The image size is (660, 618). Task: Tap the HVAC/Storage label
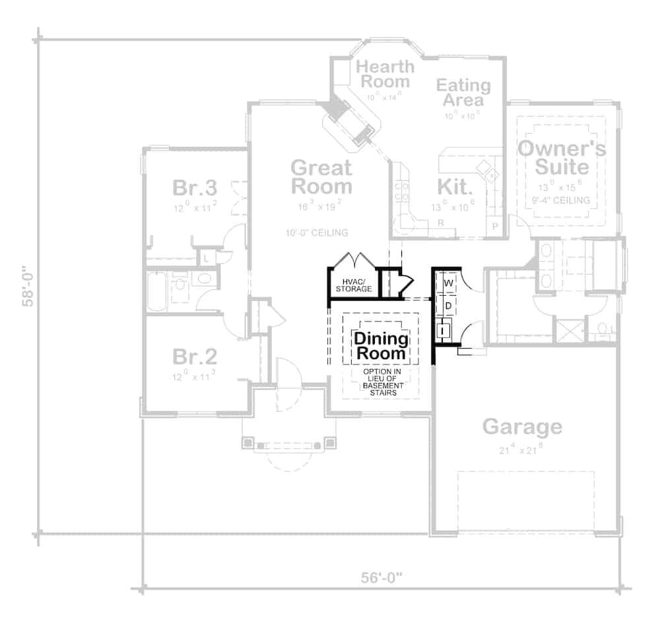click(353, 285)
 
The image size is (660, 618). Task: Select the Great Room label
click(321, 176)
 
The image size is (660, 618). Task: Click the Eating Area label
click(463, 92)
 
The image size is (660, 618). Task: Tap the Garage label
click(522, 427)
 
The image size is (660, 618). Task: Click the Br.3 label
click(195, 188)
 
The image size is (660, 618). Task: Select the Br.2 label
click(195, 357)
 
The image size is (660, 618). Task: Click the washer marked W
click(448, 283)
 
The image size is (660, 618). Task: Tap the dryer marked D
click(448, 305)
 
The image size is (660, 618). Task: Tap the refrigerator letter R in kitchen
click(440, 223)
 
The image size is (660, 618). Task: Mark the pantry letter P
click(495, 226)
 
